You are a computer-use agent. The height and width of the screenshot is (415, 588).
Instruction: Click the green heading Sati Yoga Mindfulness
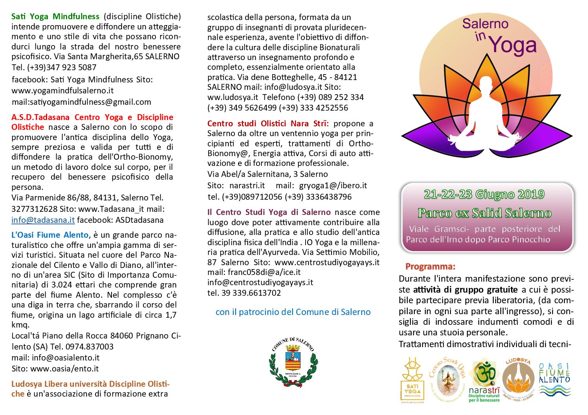[55, 16]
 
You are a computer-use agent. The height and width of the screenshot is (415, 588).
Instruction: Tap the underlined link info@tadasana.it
[43, 220]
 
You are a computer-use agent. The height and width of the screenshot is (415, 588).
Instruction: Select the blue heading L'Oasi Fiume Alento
[50, 235]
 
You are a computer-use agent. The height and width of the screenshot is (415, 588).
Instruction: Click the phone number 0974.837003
[90, 347]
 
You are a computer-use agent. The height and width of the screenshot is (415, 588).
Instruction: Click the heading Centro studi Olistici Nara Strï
[268, 124]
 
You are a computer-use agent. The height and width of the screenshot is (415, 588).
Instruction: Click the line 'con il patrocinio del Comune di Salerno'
[293, 312]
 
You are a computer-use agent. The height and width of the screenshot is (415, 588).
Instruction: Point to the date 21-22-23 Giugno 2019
[484, 194]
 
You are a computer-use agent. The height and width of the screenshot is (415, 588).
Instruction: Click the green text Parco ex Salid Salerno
[484, 213]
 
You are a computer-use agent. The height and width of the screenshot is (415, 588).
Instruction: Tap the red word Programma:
[430, 267]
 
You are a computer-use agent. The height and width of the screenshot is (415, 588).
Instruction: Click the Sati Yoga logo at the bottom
[412, 379]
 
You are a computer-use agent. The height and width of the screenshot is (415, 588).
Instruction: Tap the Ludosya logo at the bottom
[518, 379]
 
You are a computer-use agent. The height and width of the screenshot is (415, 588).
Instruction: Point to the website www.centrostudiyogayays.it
[327, 262]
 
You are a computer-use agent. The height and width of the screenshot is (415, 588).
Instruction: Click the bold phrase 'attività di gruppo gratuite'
[465, 290]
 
